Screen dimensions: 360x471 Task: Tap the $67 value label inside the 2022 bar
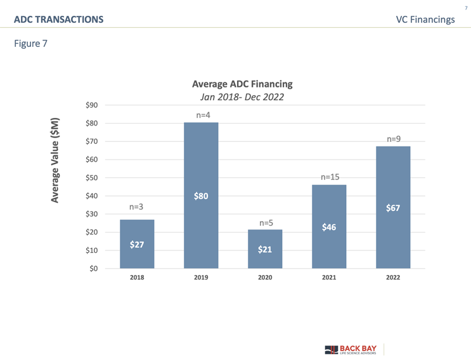coord(393,208)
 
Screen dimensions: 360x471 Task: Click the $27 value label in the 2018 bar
coord(137,245)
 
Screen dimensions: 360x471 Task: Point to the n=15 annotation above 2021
coord(329,177)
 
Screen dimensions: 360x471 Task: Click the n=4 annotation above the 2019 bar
coord(202,115)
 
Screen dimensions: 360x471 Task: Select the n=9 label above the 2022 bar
coord(394,138)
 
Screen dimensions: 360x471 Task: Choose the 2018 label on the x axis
coord(137,278)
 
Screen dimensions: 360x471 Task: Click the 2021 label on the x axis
coord(329,278)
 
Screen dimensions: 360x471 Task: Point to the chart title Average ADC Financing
coord(242,84)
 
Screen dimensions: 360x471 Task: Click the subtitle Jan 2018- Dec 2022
coord(242,97)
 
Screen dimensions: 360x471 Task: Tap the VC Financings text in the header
coord(425,20)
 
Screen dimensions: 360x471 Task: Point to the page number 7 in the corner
coord(466,8)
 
